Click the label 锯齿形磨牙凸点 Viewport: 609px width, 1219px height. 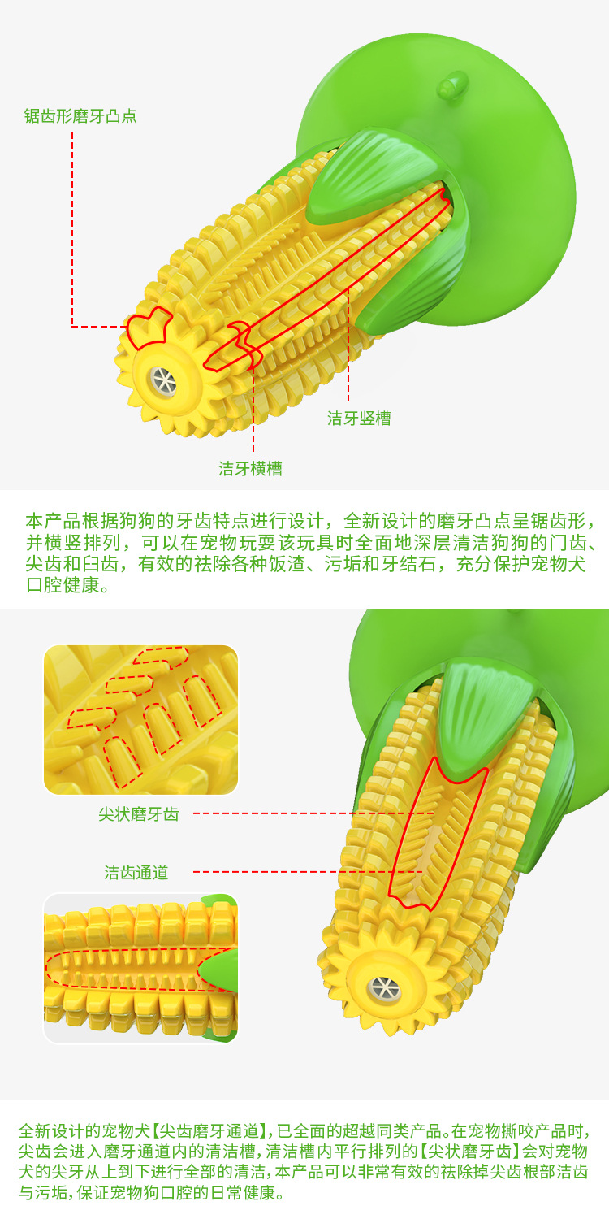pos(80,116)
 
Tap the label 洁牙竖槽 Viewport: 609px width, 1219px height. pos(359,418)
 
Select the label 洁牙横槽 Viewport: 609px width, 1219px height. pos(250,469)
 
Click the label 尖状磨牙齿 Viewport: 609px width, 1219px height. pos(139,814)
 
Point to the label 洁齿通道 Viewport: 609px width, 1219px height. pos(136,872)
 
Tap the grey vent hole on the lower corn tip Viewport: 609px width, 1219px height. pos(384,987)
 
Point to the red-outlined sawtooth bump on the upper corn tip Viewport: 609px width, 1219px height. pos(148,327)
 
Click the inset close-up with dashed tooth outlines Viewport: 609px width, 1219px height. pos(140,719)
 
